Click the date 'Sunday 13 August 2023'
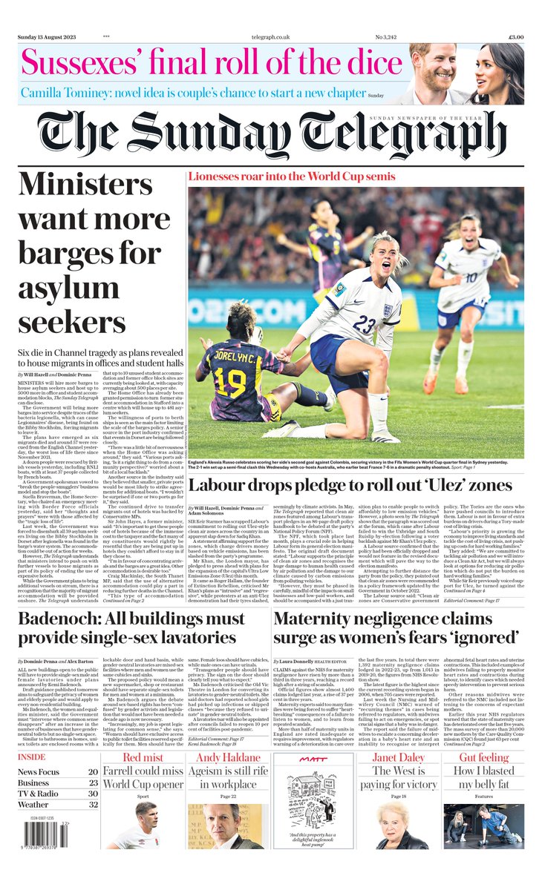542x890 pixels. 47,37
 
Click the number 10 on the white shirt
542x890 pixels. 471,279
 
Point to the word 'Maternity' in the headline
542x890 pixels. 323,619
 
